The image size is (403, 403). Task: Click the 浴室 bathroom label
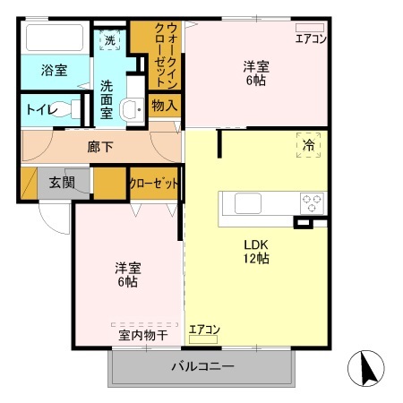point(54,71)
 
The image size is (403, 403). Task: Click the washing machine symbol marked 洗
point(109,40)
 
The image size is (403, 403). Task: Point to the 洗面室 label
point(107,92)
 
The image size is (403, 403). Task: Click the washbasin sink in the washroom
point(132,110)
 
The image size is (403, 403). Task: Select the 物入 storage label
point(165,105)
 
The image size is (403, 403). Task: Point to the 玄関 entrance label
point(62,183)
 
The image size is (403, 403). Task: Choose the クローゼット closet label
point(154,183)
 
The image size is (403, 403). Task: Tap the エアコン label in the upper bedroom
point(311,39)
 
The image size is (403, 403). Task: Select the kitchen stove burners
point(312,202)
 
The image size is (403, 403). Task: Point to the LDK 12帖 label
point(258,252)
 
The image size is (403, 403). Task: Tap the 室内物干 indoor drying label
point(143,336)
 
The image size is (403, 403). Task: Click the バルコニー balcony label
point(202,366)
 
